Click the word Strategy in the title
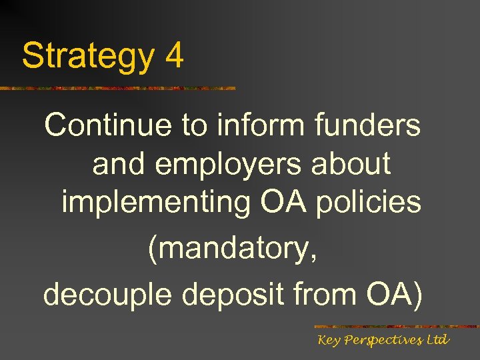(87, 57)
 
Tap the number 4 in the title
(173, 56)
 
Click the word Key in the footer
(329, 341)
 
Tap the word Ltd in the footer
(437, 340)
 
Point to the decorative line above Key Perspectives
(396, 327)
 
